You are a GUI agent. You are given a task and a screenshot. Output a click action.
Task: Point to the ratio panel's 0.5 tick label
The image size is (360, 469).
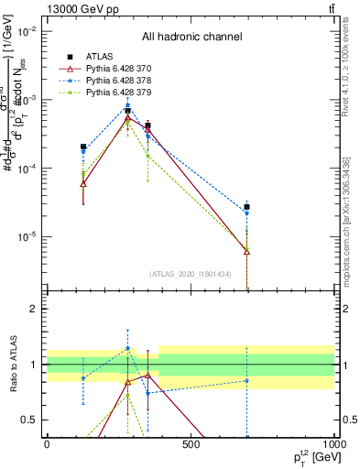pyautogui.click(x=31, y=420)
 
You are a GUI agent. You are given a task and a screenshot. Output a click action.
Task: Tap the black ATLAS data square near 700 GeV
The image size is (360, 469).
pyautogui.click(x=246, y=207)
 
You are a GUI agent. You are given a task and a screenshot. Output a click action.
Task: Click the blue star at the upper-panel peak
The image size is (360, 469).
pyautogui.click(x=127, y=105)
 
